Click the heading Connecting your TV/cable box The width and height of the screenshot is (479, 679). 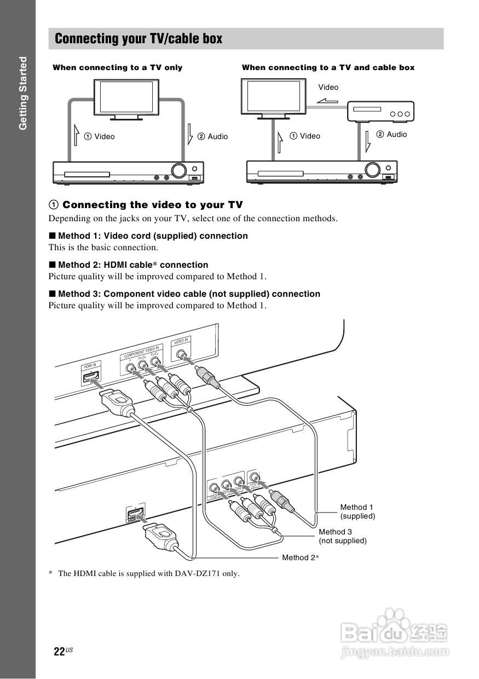coord(138,39)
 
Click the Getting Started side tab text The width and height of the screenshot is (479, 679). coord(22,93)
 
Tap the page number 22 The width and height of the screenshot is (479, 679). coord(60,652)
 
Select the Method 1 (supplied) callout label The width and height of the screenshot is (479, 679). coord(357,512)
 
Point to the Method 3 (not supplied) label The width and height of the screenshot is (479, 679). coord(342,536)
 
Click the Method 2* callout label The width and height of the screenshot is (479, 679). coord(301,557)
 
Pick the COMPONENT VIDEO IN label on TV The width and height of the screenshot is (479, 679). coord(141,352)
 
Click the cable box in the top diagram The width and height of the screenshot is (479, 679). coord(380,112)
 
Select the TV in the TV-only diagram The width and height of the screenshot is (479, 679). coord(126,97)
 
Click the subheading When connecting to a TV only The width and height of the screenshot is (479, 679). coord(117,67)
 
